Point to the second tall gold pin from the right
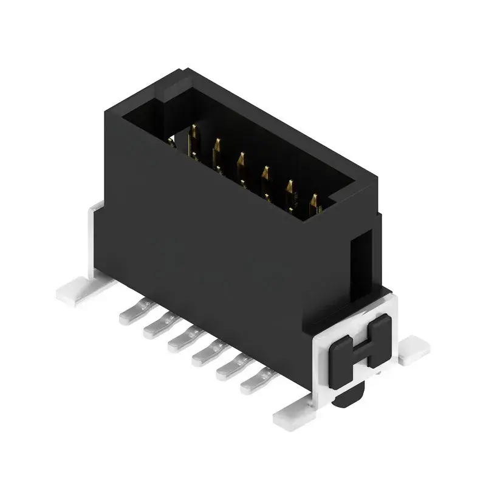pyautogui.click(x=290, y=190)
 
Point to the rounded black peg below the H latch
pyautogui.click(x=349, y=395)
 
